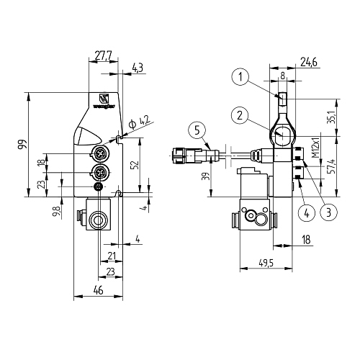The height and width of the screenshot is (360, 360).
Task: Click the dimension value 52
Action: [x=134, y=164]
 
